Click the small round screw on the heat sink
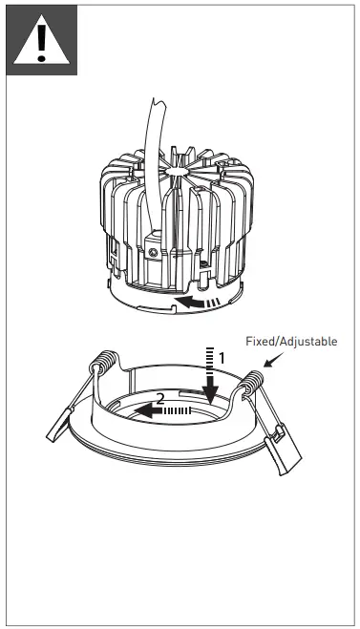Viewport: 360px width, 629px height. [x=154, y=252]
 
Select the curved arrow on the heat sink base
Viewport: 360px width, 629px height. [x=197, y=304]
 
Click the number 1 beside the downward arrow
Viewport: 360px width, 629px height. [x=222, y=356]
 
